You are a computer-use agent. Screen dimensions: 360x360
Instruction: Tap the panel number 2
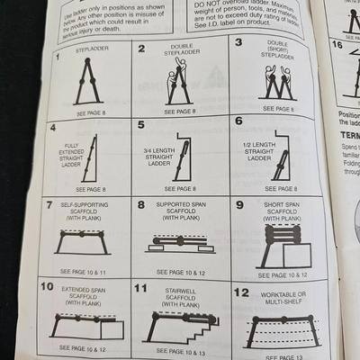coord(141,48)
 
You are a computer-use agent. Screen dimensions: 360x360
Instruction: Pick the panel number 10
coord(47,286)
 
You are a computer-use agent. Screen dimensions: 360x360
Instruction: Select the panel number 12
coord(241,292)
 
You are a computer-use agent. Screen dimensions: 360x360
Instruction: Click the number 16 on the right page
coord(337,44)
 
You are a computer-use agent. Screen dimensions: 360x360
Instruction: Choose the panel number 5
coord(140,123)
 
